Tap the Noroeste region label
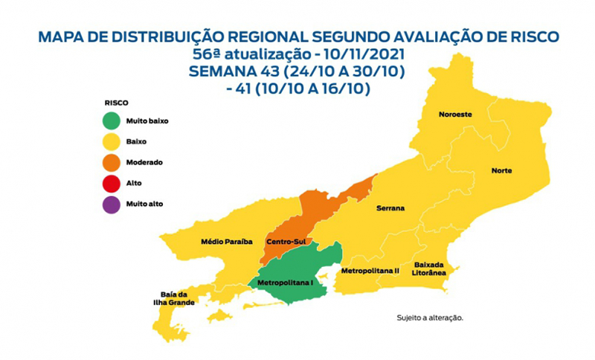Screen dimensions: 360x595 pos(454,115)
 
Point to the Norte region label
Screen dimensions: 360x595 pos(501,170)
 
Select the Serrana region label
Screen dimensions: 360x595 pos(390,208)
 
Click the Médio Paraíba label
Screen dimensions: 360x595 pos(228,242)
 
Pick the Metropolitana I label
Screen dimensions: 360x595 pos(283,283)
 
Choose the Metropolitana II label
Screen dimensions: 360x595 pos(370,271)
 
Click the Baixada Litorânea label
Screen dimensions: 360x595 pos(430,269)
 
